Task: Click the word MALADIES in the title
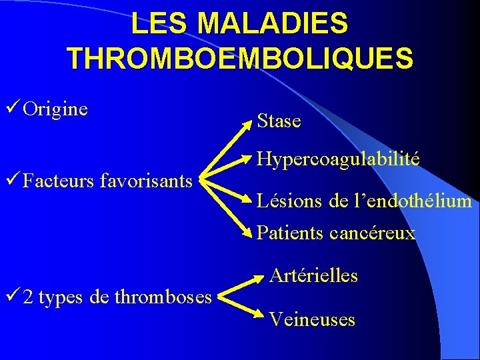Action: pos(273,24)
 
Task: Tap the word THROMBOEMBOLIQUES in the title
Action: pos(240,59)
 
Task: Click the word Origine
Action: pos(55,109)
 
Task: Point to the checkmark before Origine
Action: pos(12,108)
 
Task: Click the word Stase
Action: pos(279,121)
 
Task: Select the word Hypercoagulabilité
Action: pos(338,159)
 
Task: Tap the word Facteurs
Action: pos(58,180)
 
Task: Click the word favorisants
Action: pos(145,180)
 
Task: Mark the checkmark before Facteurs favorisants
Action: pos(12,179)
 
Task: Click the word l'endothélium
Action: pos(403,201)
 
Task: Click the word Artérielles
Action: pos(313,275)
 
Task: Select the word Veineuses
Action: pos(312,320)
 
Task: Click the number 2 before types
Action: pos(27,297)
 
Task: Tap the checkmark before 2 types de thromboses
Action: pos(12,296)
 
